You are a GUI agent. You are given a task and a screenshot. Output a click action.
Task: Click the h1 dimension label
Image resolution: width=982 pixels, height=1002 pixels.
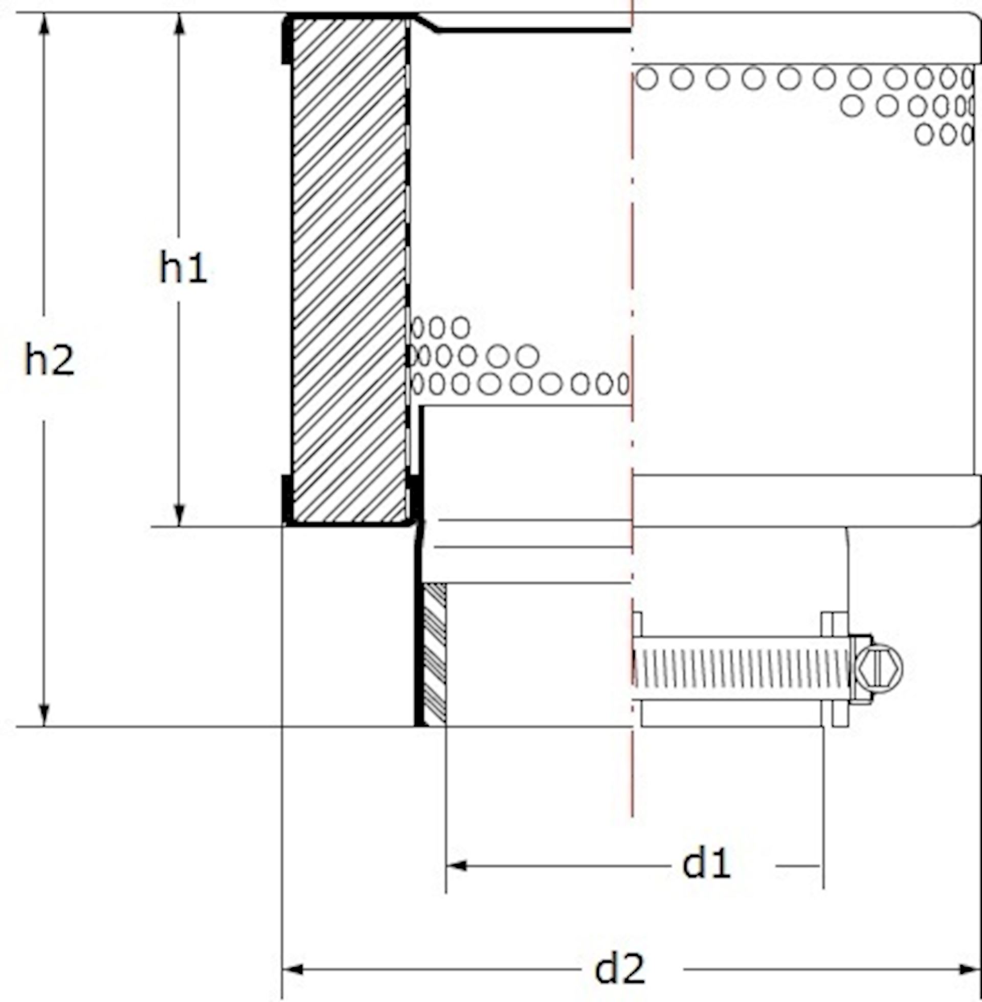click(x=183, y=268)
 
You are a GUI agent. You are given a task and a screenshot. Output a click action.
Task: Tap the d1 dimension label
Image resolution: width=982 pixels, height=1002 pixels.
click(x=706, y=864)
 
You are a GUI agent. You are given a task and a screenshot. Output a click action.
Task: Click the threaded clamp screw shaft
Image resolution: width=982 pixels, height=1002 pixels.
click(x=740, y=668)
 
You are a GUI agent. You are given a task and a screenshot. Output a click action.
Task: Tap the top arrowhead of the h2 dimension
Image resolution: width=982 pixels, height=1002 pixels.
click(x=44, y=24)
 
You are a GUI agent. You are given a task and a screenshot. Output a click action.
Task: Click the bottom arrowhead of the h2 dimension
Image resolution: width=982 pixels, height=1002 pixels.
click(x=44, y=715)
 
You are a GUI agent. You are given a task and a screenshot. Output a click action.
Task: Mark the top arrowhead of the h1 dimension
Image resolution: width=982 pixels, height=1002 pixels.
click(x=180, y=24)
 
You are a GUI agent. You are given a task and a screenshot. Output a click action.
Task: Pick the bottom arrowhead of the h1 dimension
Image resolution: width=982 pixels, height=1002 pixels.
click(x=180, y=515)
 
